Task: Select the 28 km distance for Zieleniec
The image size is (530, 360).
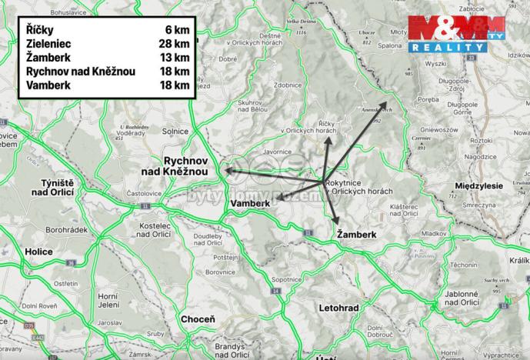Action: pos(176,45)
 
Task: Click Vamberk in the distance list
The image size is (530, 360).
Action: pos(48,85)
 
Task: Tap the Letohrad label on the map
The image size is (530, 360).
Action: pos(338,308)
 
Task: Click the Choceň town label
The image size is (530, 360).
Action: pos(198,318)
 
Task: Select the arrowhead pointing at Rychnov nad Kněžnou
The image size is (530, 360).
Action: pos(227,169)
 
